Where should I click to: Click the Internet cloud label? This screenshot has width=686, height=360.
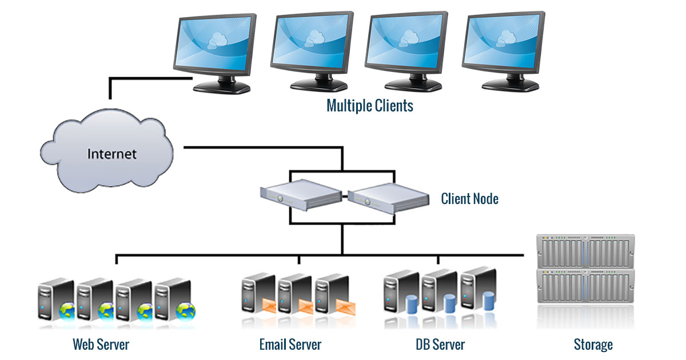112,154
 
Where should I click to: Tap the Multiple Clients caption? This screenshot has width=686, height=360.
369,106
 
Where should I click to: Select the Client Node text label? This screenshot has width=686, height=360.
469,199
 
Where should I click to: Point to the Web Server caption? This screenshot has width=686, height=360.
101,345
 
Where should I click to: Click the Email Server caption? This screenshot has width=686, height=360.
290,345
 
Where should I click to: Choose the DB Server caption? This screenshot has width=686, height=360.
440,345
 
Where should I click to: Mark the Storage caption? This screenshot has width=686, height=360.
593,345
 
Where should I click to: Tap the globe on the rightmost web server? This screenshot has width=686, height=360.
186,311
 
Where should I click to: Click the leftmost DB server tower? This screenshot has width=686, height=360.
397,294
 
